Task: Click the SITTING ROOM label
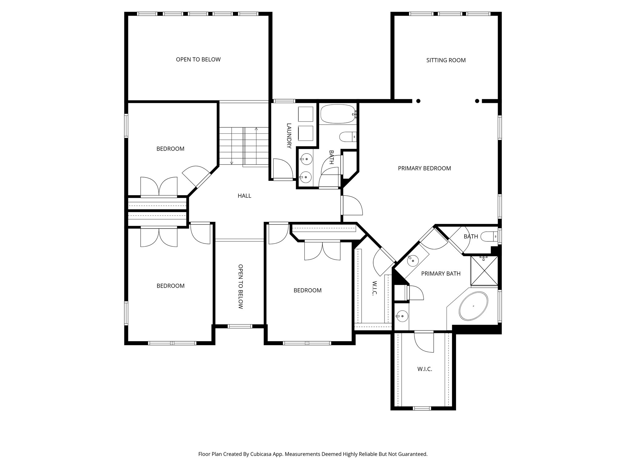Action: (x=446, y=60)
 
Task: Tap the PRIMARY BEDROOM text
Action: (x=424, y=168)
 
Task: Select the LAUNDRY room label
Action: (x=289, y=136)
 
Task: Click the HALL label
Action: (x=244, y=196)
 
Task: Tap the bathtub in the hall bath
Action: (x=337, y=114)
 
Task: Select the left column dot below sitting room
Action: (x=418, y=101)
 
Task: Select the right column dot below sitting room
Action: (x=477, y=101)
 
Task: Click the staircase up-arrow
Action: (x=256, y=129)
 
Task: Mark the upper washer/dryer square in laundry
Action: (x=305, y=114)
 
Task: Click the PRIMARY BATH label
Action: (x=440, y=274)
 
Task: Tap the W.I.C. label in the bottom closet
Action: (x=425, y=369)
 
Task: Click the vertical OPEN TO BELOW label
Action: (x=241, y=286)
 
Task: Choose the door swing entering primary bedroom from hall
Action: (x=352, y=205)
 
